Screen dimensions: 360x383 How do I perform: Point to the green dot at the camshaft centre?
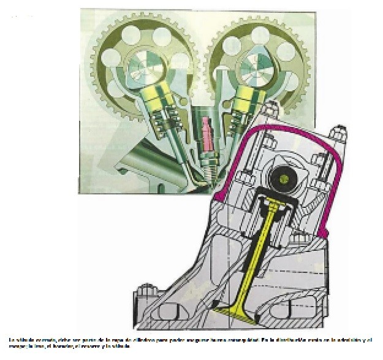[284, 178]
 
